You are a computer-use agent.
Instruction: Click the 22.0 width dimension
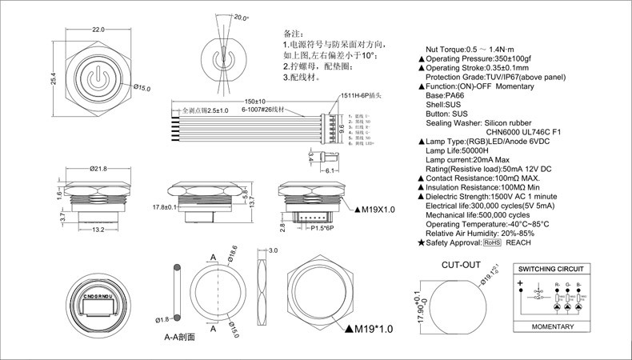98,30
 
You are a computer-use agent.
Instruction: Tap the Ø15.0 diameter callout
141,87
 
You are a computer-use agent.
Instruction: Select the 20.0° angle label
240,17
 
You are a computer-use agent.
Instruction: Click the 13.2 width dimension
97,230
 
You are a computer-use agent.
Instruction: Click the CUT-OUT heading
460,264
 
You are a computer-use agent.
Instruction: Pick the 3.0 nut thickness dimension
272,251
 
